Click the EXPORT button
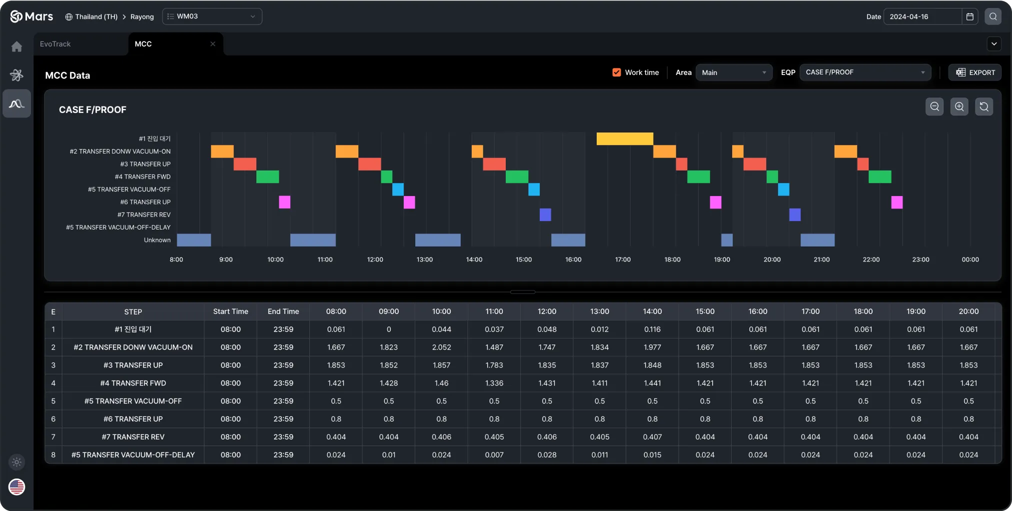pos(975,72)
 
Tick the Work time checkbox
pos(617,72)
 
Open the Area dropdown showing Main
pos(733,72)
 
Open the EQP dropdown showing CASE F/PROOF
pos(865,72)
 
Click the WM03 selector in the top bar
pos(212,16)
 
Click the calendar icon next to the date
pos(970,16)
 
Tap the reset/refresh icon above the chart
pos(984,106)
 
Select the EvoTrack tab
pos(55,44)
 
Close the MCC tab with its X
pos(213,44)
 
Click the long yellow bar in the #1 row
pos(625,138)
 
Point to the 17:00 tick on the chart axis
pos(623,259)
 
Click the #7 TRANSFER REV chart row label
pos(144,215)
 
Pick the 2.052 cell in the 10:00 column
pos(441,347)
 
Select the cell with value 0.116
pos(652,329)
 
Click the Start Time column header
pos(230,311)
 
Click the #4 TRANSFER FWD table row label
pos(133,383)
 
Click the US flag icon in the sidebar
pos(17,486)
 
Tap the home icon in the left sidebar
pos(17,47)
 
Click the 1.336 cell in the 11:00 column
pos(494,383)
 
